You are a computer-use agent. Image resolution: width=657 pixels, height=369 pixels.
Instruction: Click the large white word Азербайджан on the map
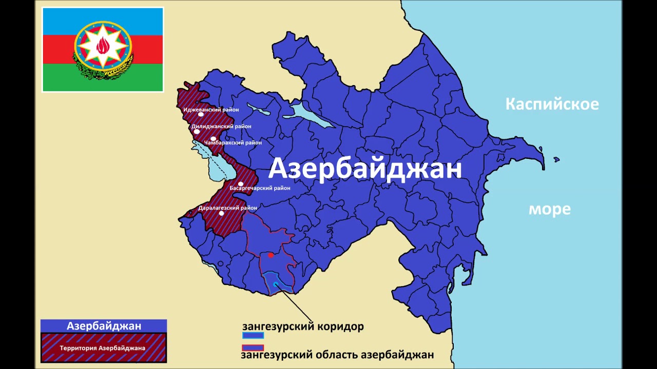coord(365,168)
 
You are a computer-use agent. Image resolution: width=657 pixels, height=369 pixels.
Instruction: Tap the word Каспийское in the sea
coord(552,104)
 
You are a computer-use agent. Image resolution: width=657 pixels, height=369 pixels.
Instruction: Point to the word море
coord(549,209)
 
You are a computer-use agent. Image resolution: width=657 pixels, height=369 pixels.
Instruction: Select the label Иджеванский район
coord(211,109)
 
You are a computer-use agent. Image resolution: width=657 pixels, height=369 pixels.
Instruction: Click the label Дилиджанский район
coord(221,126)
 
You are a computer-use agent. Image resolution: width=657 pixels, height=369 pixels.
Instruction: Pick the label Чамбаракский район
coord(233,142)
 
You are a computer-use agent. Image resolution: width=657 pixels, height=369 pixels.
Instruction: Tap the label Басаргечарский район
coord(260,188)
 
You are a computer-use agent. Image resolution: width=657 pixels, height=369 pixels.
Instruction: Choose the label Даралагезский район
coord(228,208)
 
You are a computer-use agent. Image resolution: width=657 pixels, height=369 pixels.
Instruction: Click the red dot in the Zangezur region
coord(271,255)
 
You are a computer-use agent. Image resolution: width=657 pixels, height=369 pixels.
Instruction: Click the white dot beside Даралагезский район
coord(221,213)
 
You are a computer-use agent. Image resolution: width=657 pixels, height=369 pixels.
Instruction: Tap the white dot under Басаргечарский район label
coord(241,183)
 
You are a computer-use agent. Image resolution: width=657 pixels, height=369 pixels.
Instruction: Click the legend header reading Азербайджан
coord(104,326)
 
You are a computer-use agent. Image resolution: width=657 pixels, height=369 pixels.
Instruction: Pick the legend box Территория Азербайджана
coord(103,348)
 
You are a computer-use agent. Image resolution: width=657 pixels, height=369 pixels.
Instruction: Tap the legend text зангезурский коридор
coord(303,326)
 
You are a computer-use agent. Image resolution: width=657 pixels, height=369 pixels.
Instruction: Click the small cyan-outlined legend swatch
coord(253,336)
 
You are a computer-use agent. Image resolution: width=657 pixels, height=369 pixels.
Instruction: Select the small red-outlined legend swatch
coord(253,348)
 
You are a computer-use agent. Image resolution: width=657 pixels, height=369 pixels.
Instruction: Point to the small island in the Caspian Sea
coord(556,159)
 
